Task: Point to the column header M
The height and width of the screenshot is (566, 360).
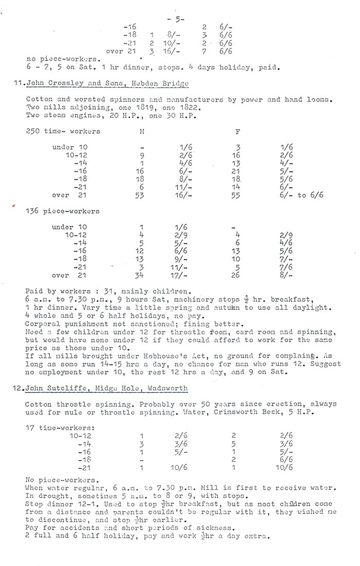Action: point(141,131)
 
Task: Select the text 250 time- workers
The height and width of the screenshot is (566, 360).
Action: point(63,131)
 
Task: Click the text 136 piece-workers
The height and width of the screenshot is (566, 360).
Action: point(63,211)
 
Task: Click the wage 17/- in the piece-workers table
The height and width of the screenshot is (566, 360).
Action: point(180,275)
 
